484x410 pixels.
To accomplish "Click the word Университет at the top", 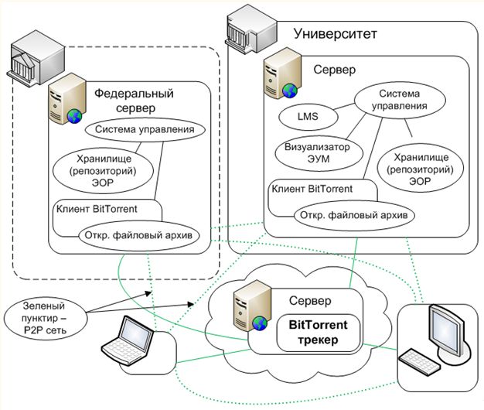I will [336, 34].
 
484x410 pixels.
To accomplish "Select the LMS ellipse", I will [308, 118].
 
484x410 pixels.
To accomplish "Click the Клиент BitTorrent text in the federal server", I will [97, 208].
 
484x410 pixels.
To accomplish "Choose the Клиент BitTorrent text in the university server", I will [312, 187].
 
